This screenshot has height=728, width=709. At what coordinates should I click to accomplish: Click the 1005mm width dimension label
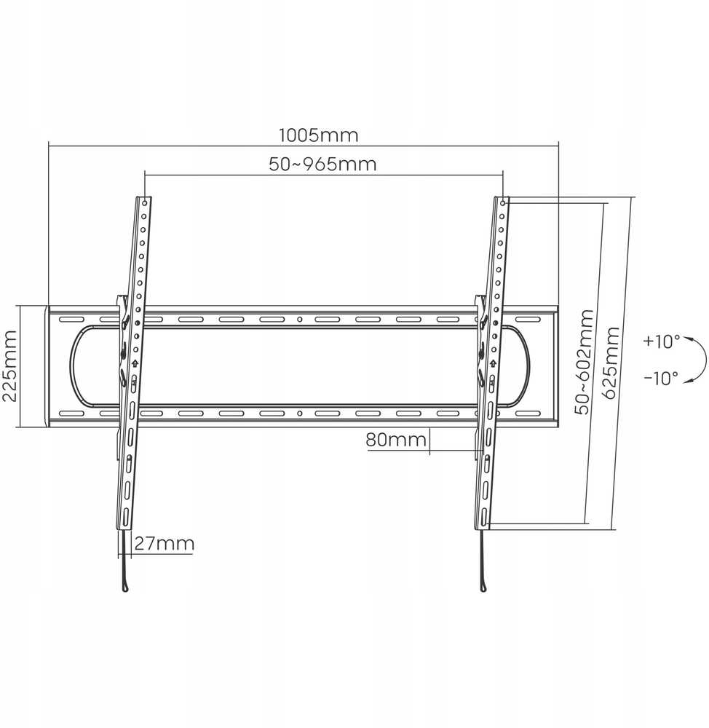pyautogui.click(x=319, y=135)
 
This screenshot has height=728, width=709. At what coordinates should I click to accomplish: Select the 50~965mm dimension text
pyautogui.click(x=322, y=165)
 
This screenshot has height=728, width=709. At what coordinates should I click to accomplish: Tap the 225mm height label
pyautogui.click(x=9, y=366)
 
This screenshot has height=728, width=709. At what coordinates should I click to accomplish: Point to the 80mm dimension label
pyautogui.click(x=396, y=440)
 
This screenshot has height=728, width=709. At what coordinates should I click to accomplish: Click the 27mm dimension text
pyautogui.click(x=165, y=544)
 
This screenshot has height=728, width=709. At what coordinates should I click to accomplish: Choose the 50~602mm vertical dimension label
pyautogui.click(x=583, y=362)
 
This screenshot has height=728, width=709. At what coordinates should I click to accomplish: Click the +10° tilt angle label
pyautogui.click(x=661, y=341)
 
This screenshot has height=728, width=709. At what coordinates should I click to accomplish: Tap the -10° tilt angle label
pyautogui.click(x=661, y=379)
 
